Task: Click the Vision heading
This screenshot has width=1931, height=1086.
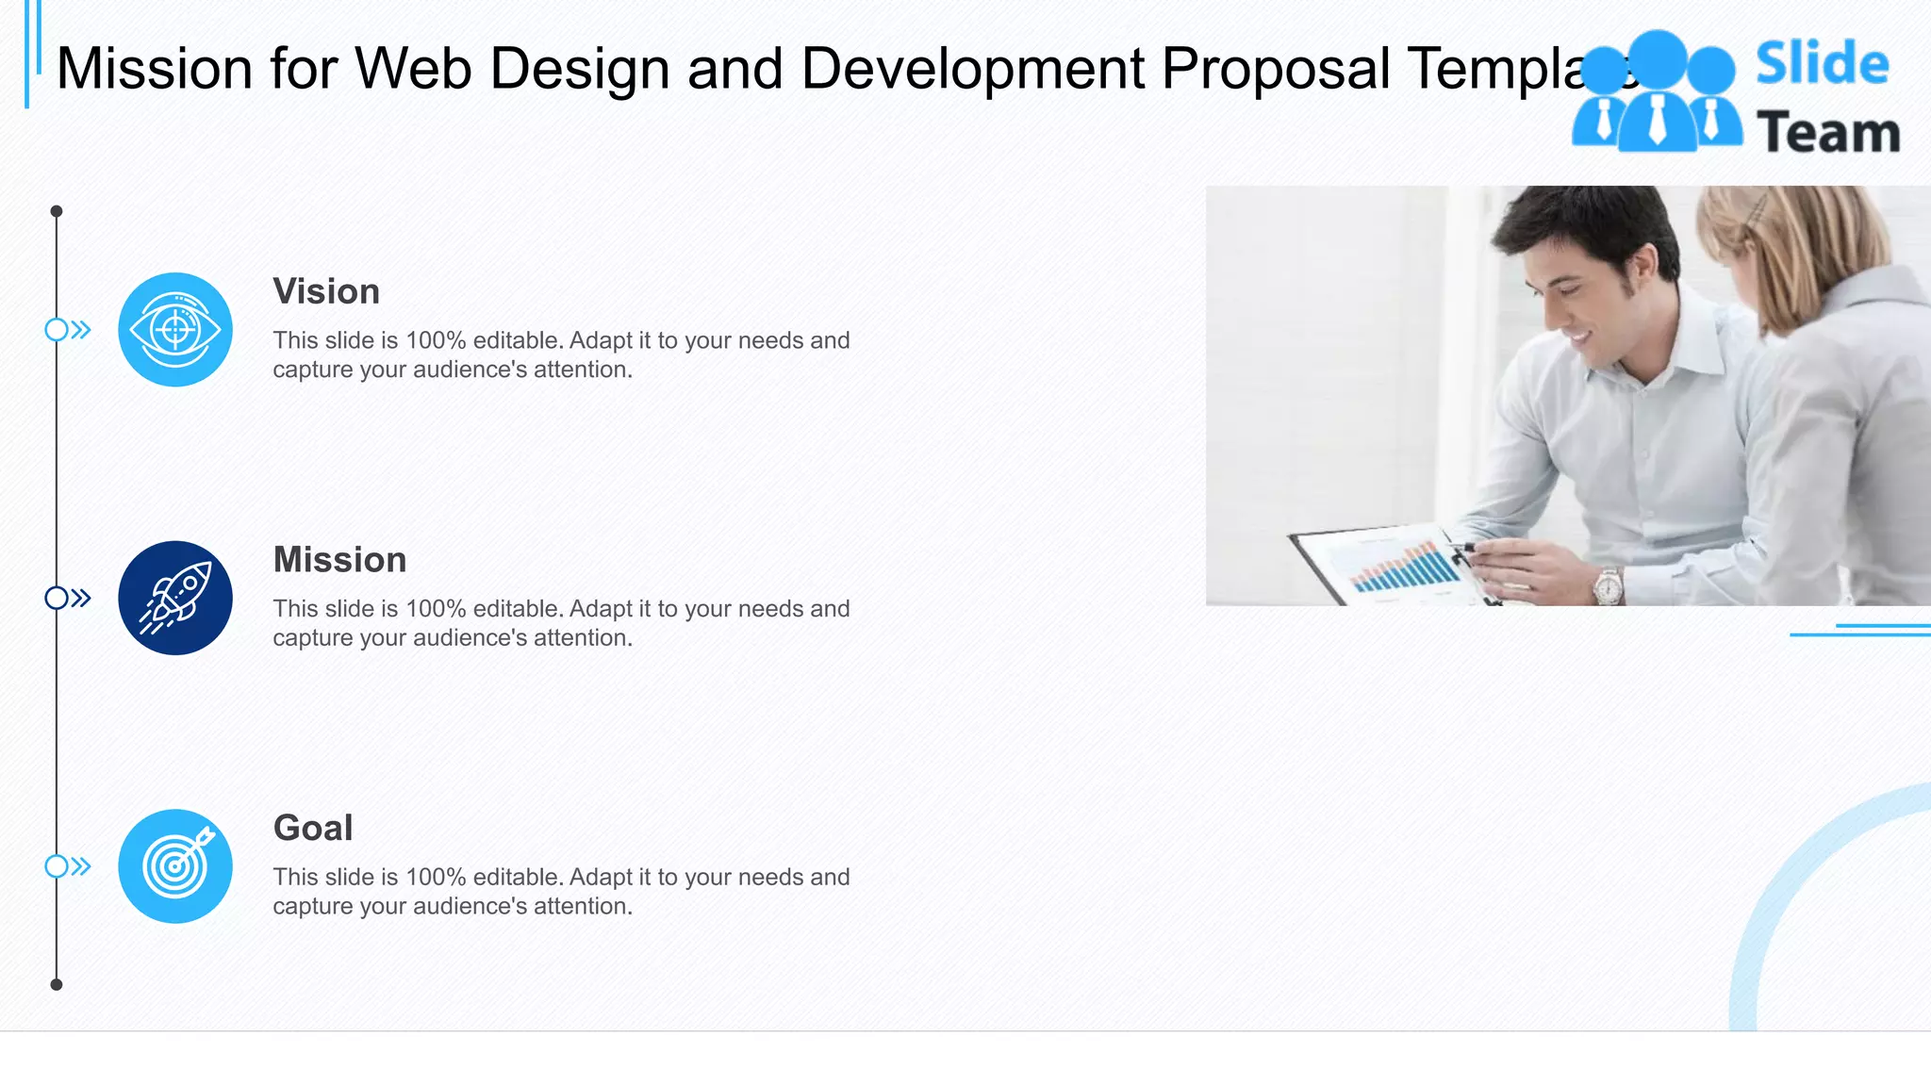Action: click(x=326, y=291)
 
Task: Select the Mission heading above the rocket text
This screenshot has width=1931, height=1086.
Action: click(x=339, y=560)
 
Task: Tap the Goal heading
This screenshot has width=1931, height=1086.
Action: click(x=313, y=828)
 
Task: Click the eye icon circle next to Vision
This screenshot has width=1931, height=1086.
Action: click(x=175, y=330)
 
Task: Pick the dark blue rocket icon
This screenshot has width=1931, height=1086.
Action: click(x=175, y=598)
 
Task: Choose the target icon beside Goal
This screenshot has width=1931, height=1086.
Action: click(x=175, y=866)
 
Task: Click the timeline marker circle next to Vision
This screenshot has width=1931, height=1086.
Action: click(x=57, y=330)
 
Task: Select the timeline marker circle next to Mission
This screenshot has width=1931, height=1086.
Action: click(x=57, y=598)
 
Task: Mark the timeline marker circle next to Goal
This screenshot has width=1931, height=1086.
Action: click(x=57, y=866)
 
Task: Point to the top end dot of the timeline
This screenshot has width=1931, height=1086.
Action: click(x=57, y=211)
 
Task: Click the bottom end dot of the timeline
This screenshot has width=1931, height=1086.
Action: click(x=57, y=984)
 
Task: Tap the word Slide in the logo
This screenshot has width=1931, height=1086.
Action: click(x=1822, y=64)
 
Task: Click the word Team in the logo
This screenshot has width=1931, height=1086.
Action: click(x=1827, y=133)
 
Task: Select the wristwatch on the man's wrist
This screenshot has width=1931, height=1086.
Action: click(x=1608, y=585)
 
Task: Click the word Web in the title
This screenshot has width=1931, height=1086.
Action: click(x=413, y=69)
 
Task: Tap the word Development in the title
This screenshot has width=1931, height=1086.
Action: click(x=972, y=69)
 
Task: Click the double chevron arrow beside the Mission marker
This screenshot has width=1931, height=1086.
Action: click(x=81, y=598)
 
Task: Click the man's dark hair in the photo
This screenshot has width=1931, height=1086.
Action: click(x=1593, y=226)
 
